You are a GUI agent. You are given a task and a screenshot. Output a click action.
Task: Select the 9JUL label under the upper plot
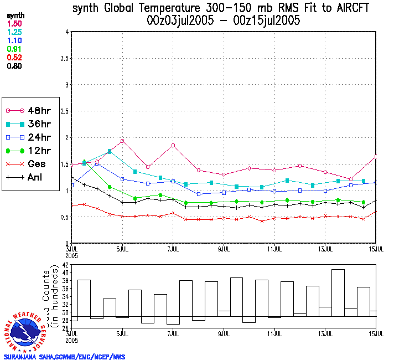(224, 249)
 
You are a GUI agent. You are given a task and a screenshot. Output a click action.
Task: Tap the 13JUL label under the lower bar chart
(325, 334)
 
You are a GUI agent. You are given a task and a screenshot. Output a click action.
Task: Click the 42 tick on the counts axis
(65, 265)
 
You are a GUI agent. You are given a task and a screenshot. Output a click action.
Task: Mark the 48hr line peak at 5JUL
(122, 141)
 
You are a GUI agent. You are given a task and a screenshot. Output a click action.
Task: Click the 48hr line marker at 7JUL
(173, 145)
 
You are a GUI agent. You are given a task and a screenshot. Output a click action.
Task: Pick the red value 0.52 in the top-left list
(15, 57)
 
